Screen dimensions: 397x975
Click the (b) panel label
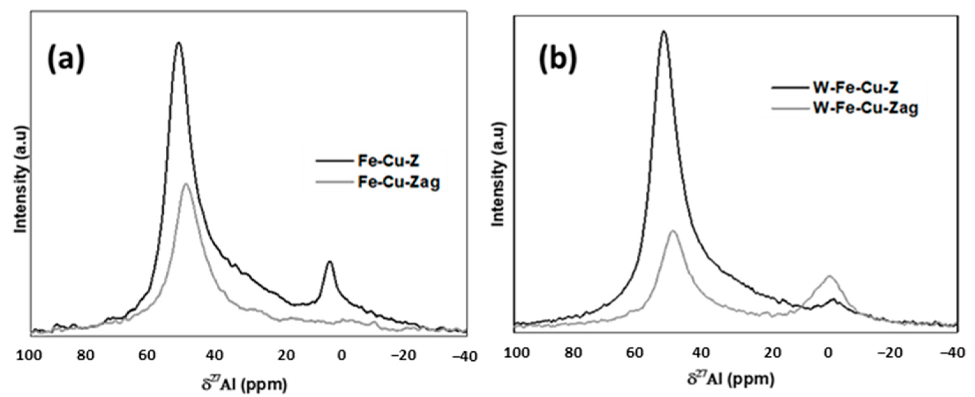[558, 59]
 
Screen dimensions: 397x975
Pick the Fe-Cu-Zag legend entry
[399, 183]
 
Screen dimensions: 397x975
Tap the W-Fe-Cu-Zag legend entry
[865, 109]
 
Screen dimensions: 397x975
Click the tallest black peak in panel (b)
[663, 32]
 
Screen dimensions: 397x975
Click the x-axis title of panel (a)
[244, 385]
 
